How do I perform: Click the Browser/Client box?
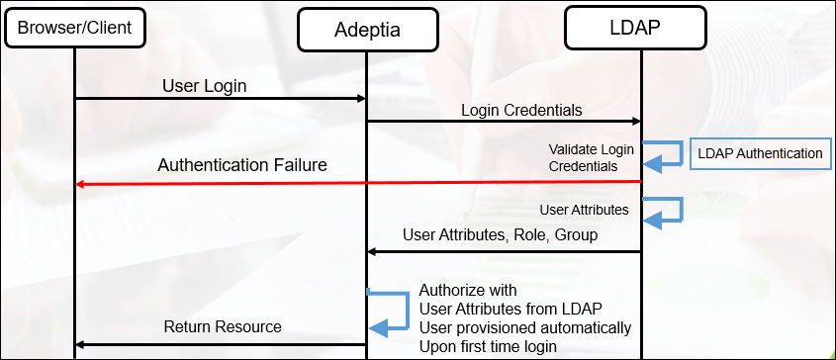tap(74, 28)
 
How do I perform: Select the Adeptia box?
tap(366, 30)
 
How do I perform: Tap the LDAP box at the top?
tap(635, 27)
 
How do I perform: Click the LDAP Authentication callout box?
tap(760, 154)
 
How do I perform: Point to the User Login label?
tap(204, 86)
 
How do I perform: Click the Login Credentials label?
tap(521, 109)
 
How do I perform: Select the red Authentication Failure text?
tap(242, 165)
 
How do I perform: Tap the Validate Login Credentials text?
tap(591, 157)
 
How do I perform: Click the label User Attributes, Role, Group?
tap(501, 235)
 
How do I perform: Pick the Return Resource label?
tap(223, 326)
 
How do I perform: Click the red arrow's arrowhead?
tap(81, 183)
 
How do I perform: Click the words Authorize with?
tap(468, 291)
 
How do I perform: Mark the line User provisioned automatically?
tap(524, 327)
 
